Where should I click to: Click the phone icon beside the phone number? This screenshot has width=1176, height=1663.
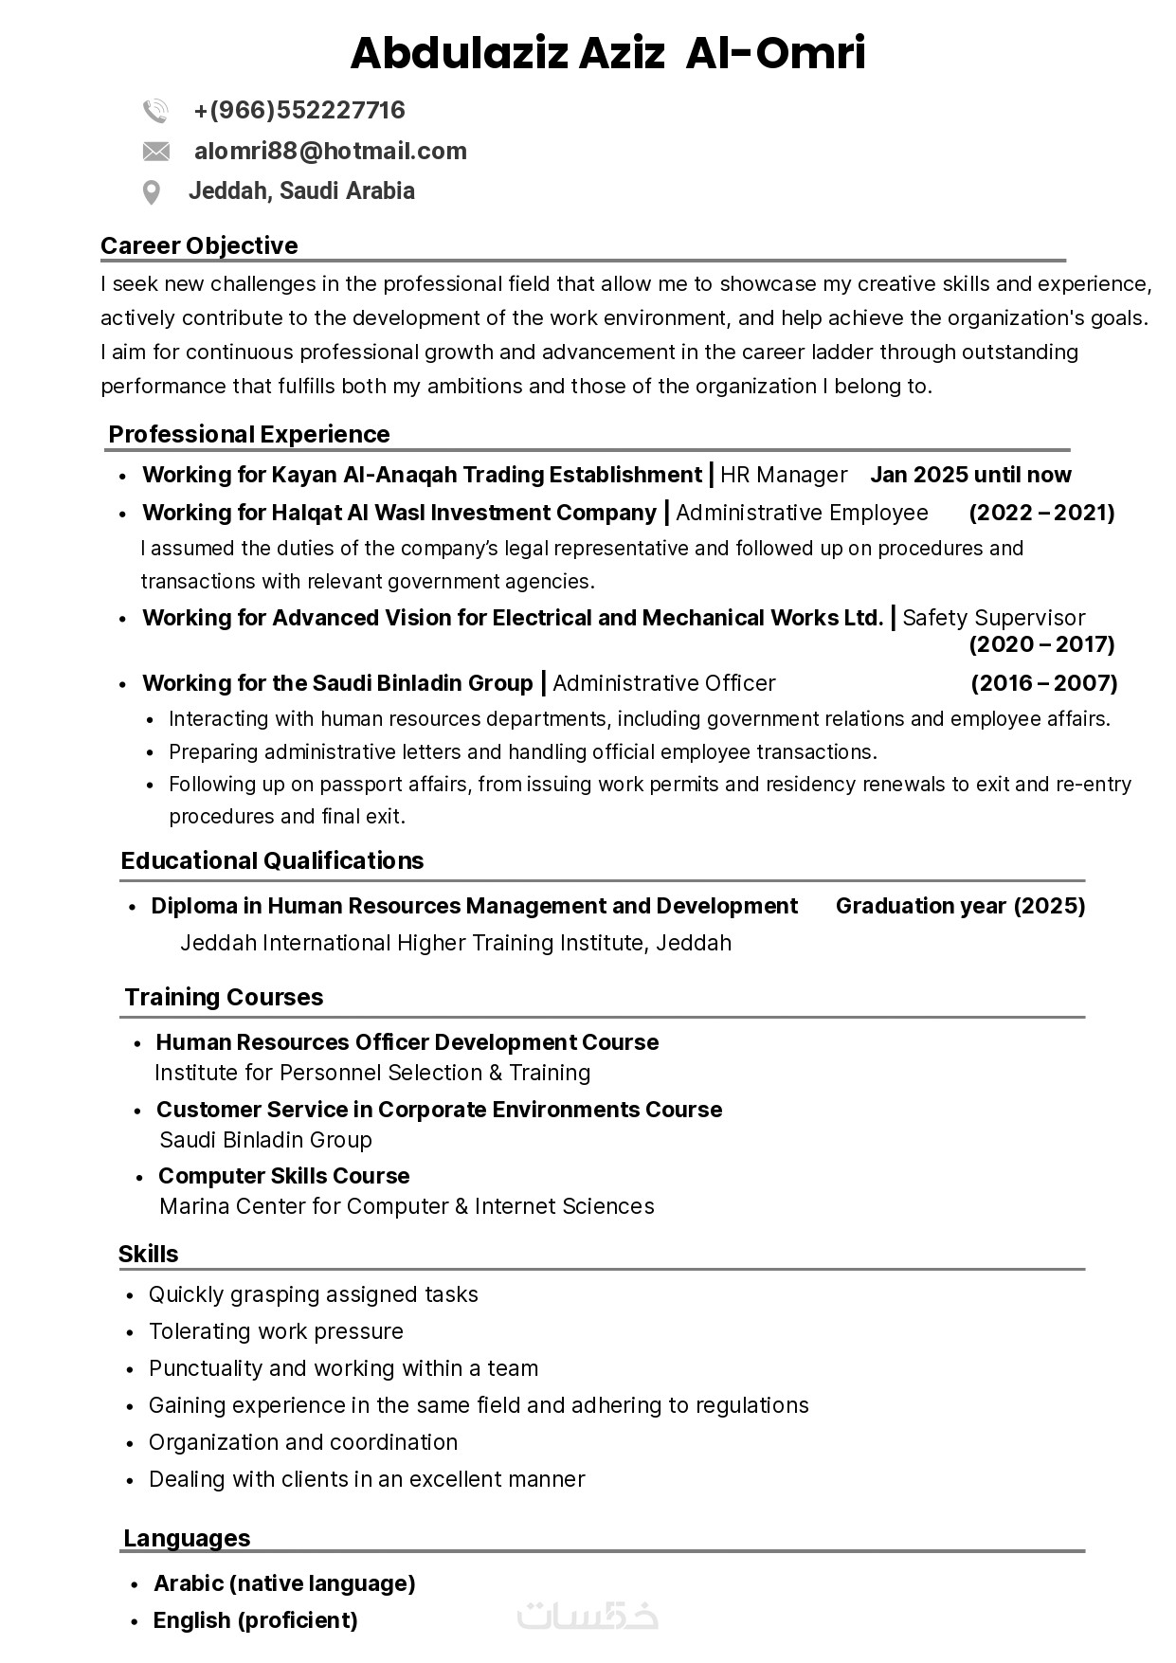(155, 111)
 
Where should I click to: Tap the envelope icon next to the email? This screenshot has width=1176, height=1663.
(155, 152)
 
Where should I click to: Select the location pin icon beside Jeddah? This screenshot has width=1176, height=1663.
(151, 192)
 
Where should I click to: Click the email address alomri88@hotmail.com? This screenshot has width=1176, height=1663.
(330, 152)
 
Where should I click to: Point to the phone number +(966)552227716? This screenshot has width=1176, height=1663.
(299, 111)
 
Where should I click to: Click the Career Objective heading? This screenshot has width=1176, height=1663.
(199, 245)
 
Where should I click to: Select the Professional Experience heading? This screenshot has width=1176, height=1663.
(249, 434)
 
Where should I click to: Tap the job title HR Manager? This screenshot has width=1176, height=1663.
(784, 475)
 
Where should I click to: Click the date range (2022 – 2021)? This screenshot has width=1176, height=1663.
(1041, 513)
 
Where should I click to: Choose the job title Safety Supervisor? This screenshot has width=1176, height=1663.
(993, 618)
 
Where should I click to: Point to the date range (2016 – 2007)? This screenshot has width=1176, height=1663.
(1043, 683)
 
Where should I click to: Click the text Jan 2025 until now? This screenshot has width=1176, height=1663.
(970, 475)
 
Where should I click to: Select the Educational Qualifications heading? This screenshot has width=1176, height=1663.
(272, 860)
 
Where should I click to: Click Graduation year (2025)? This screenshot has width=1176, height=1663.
(960, 906)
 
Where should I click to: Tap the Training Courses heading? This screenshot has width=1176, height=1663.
(224, 997)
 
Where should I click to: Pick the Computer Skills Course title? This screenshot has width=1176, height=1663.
(283, 1176)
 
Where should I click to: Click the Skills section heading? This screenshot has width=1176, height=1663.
(148, 1254)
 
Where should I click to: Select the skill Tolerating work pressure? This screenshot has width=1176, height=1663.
(276, 1331)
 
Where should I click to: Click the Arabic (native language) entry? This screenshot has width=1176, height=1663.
(284, 1583)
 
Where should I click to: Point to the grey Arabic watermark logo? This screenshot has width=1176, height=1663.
(588, 1617)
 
